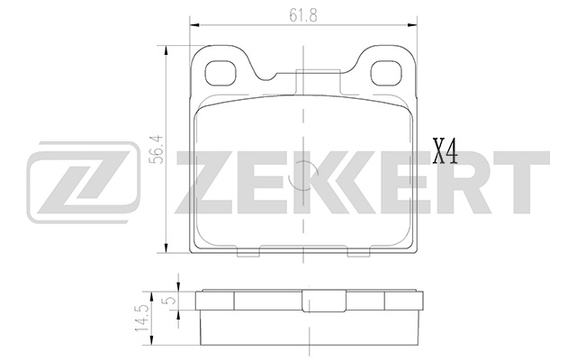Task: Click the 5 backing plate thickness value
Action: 166,301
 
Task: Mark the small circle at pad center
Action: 304,168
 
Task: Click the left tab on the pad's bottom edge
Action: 249,252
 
